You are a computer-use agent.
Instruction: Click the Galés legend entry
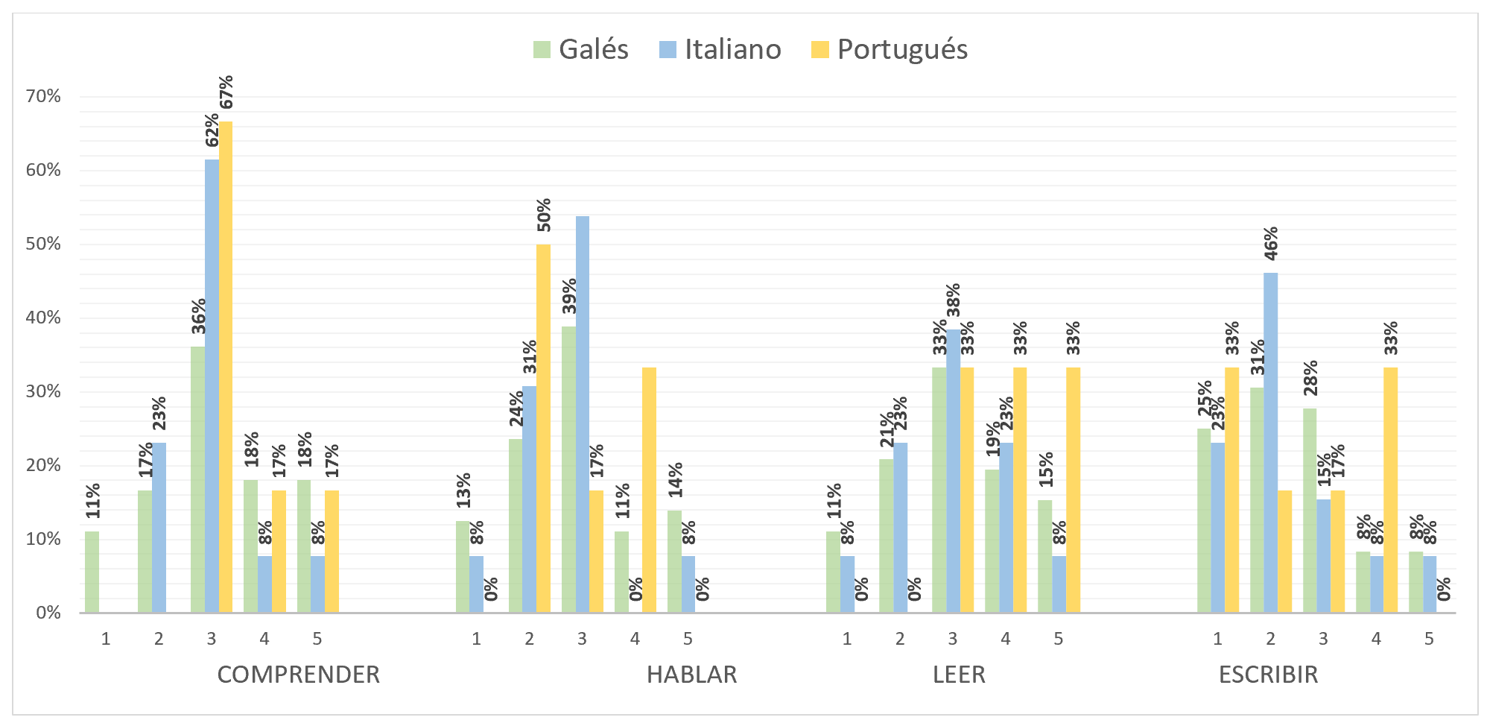[x=581, y=49]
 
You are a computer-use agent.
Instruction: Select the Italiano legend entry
[x=720, y=49]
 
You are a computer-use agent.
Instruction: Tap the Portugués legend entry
[x=890, y=49]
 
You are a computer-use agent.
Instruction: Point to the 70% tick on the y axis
[x=43, y=96]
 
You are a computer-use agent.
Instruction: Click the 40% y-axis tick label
[x=43, y=318]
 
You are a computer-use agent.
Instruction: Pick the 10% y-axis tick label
[x=43, y=539]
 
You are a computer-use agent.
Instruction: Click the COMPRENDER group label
[x=298, y=674]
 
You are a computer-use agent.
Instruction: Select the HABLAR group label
[x=691, y=674]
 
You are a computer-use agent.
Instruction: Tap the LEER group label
[x=959, y=674]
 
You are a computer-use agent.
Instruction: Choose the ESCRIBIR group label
[x=1268, y=674]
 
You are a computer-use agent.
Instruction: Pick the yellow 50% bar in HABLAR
[x=543, y=429]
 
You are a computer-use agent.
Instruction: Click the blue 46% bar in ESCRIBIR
[x=1270, y=443]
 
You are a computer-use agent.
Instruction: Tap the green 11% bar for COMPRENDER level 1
[x=92, y=572]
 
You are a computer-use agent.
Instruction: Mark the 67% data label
[x=226, y=92]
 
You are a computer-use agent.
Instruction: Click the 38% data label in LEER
[x=953, y=300]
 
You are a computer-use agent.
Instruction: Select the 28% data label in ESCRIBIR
[x=1310, y=378]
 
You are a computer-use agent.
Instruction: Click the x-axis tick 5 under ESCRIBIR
[x=1429, y=639]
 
